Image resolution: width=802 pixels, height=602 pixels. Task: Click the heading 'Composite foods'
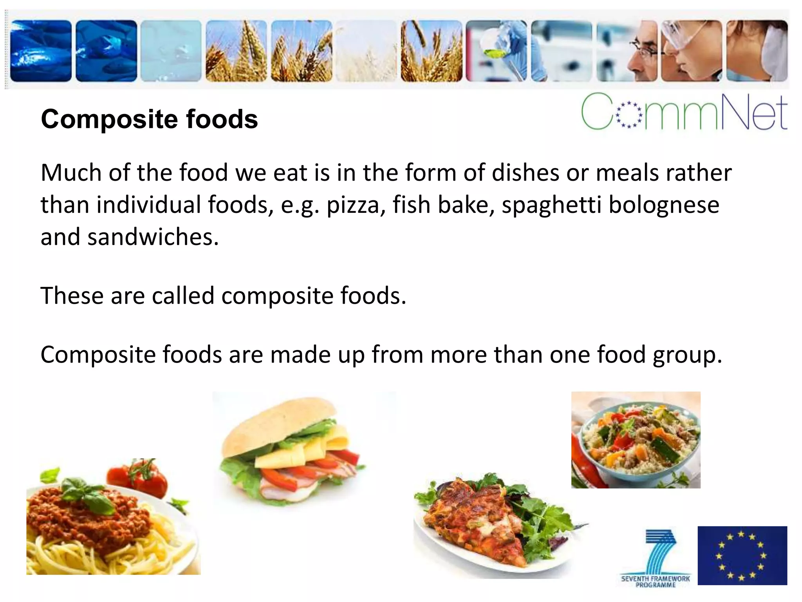click(x=149, y=119)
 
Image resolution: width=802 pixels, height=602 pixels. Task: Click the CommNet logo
click(x=684, y=112)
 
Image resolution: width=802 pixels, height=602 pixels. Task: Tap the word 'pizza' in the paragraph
click(x=352, y=205)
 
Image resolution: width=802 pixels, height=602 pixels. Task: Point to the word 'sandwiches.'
click(x=153, y=237)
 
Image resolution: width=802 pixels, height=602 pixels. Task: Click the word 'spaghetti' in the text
click(x=551, y=206)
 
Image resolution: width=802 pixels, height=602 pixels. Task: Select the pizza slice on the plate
click(x=478, y=521)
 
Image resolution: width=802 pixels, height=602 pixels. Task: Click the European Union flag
click(x=742, y=555)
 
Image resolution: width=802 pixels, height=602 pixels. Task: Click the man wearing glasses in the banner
click(x=642, y=55)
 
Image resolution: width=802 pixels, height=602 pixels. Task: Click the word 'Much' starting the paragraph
click(x=70, y=173)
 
